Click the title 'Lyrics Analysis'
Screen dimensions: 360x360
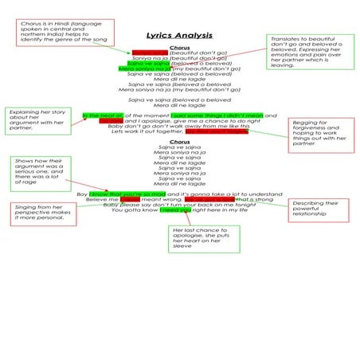(x=179, y=36)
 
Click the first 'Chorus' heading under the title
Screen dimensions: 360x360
(x=179, y=47)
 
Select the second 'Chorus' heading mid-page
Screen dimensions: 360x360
(x=179, y=142)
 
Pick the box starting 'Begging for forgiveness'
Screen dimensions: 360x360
(x=318, y=133)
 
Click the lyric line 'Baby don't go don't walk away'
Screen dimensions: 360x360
(x=179, y=127)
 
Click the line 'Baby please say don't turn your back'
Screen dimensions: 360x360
(x=179, y=205)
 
